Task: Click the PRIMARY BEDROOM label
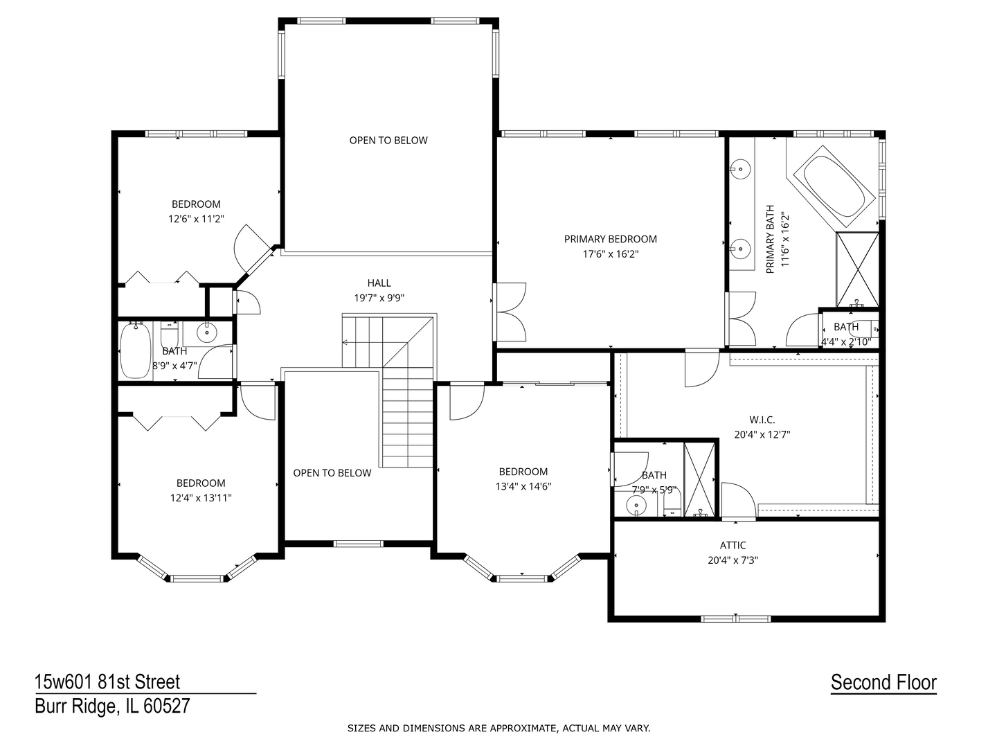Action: pyautogui.click(x=610, y=239)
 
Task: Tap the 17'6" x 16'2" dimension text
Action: pyautogui.click(x=610, y=254)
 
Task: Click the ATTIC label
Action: pyautogui.click(x=733, y=546)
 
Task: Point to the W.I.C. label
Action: pyautogui.click(x=762, y=420)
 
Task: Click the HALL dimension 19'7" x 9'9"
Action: pyautogui.click(x=379, y=298)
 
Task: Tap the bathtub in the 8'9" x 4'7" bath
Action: pyautogui.click(x=135, y=350)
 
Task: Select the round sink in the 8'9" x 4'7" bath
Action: pyautogui.click(x=207, y=333)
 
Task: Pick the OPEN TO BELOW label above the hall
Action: pyautogui.click(x=388, y=141)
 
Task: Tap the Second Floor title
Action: pyautogui.click(x=883, y=682)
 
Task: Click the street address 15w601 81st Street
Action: pyautogui.click(x=107, y=682)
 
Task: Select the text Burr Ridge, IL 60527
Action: pyautogui.click(x=112, y=707)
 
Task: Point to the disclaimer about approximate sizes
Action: pyautogui.click(x=498, y=729)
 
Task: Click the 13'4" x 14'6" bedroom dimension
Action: pyautogui.click(x=523, y=486)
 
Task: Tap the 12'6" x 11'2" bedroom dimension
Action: pyautogui.click(x=196, y=219)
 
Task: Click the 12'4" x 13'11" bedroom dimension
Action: pyautogui.click(x=200, y=498)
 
